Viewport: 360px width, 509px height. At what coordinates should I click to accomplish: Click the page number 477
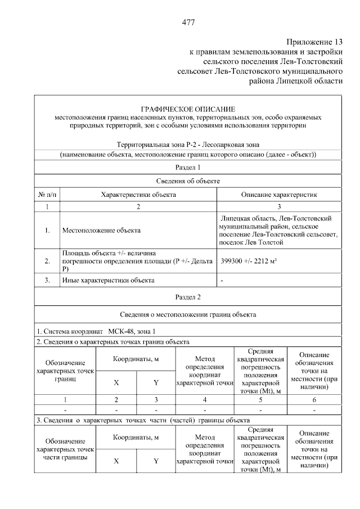coord(188,22)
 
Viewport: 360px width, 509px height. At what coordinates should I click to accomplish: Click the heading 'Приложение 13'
coord(314,42)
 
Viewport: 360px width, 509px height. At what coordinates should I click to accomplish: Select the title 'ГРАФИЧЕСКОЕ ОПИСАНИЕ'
coord(188,109)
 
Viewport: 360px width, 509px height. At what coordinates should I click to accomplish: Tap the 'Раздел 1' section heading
coord(188,167)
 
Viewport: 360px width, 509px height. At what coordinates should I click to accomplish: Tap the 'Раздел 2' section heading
coord(188,296)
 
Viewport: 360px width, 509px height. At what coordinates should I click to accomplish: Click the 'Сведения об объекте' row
coord(188,181)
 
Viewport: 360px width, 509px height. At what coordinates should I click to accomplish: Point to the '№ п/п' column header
coord(47,195)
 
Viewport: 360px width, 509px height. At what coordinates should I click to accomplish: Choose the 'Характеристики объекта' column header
coord(138,195)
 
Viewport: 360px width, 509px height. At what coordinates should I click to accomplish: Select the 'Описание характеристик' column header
coord(279,195)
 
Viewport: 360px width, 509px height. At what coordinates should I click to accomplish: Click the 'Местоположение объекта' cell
coord(101,230)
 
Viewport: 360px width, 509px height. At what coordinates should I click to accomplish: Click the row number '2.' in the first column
coord(47,261)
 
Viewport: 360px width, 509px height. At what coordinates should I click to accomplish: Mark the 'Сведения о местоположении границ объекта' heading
coord(188,314)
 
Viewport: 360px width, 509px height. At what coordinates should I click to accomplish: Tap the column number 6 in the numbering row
coord(314,399)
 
